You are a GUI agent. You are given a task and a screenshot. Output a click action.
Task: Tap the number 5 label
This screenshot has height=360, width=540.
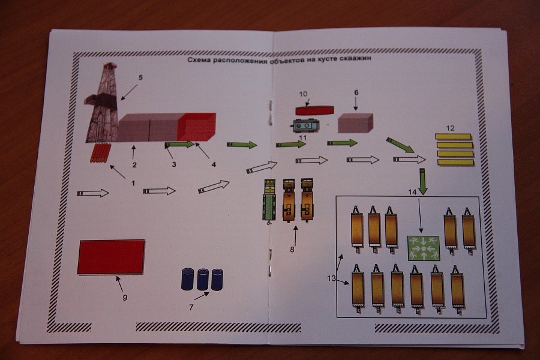[141, 77]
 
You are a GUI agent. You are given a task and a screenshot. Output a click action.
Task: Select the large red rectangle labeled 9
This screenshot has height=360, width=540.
[111, 257]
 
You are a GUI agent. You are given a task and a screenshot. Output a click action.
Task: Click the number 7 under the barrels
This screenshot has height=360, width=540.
[191, 307]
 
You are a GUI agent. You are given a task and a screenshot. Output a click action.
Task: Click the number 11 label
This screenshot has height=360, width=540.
[303, 138]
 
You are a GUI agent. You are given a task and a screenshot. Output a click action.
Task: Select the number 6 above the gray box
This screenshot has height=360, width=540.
[356, 93]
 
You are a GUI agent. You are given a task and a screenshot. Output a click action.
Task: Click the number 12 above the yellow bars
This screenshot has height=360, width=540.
[451, 127]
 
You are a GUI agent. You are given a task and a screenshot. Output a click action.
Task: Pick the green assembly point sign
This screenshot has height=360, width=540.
[424, 248]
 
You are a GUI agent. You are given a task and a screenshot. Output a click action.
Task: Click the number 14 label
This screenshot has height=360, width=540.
[412, 192]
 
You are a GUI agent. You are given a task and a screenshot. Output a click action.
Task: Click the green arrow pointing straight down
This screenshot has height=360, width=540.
[423, 182]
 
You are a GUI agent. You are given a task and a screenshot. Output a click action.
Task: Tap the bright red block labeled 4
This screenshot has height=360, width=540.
[196, 127]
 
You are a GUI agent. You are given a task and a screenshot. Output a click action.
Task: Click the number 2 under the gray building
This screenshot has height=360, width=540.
[134, 164]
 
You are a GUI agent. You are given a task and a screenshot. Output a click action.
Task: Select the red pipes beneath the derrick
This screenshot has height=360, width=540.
[101, 154]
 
